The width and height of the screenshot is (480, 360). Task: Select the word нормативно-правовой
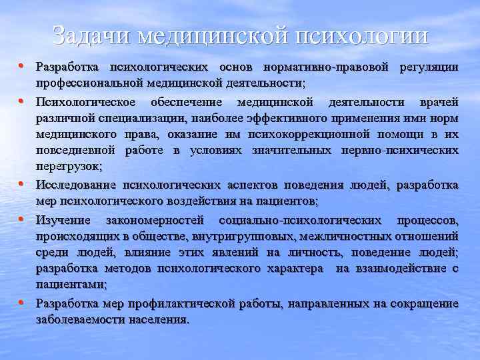pyautogui.click(x=328, y=68)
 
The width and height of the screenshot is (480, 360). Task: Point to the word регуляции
pyautogui.click(x=429, y=68)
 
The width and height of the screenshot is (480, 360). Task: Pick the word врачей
pyautogui.click(x=439, y=103)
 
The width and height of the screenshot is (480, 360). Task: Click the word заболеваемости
pyautogui.click(x=76, y=319)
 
